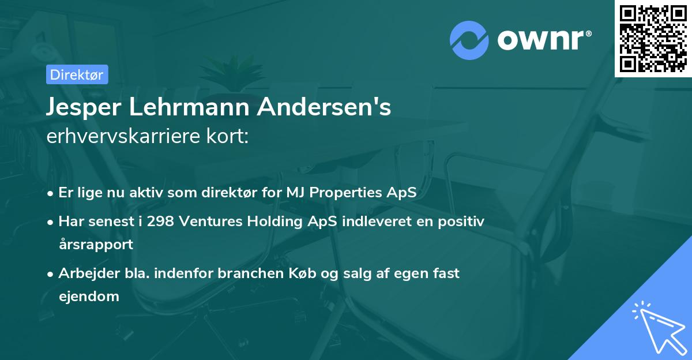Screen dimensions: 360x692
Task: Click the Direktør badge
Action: coord(77,74)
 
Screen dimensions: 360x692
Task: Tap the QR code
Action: coord(653,38)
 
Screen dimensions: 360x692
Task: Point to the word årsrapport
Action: coord(96,244)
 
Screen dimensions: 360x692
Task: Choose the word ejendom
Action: coord(89,297)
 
